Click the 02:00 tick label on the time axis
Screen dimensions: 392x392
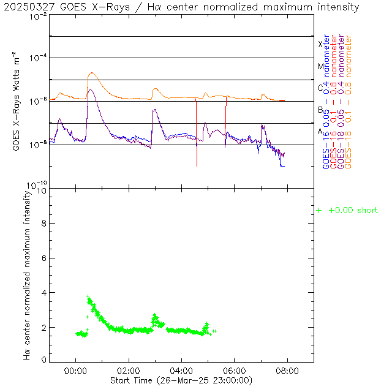(129, 371)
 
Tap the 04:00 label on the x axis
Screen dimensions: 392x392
(181, 371)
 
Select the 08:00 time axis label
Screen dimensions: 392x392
(287, 371)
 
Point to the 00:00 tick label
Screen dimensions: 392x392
(75, 371)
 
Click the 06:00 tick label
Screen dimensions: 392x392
(235, 371)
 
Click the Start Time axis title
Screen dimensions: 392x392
(181, 380)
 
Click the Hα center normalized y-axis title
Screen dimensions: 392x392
(27, 274)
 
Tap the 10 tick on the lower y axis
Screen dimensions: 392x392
(41, 190)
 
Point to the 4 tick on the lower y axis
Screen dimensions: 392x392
(43, 293)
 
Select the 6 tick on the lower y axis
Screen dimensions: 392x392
(43, 258)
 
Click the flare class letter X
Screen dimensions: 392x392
(320, 44)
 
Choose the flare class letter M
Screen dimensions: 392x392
(320, 66)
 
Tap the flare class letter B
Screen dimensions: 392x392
(320, 110)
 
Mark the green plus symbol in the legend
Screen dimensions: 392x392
(318, 211)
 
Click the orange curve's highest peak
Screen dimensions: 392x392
(91, 73)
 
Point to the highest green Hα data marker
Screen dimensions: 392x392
(88, 296)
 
